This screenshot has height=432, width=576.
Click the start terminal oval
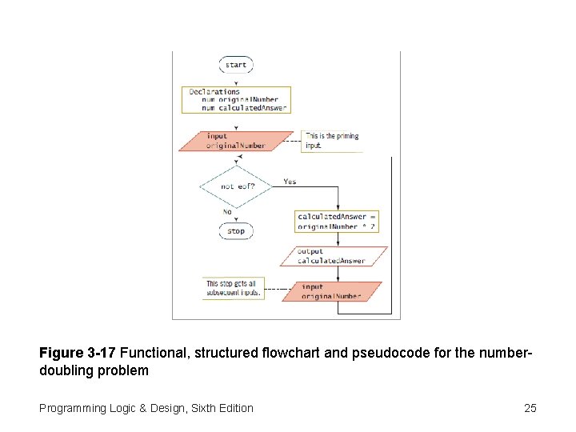pyautogui.click(x=236, y=65)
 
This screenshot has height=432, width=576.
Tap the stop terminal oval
pyautogui.click(x=236, y=231)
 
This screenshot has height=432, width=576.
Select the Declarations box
pyautogui.click(x=236, y=99)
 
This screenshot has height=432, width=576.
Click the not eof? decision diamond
pyautogui.click(x=236, y=186)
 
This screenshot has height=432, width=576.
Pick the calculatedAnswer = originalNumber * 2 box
pyautogui.click(x=337, y=222)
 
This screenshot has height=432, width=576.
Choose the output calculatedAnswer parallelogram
pyautogui.click(x=334, y=256)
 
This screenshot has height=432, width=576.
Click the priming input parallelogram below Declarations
pyautogui.click(x=236, y=141)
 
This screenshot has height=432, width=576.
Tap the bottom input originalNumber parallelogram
pyautogui.click(x=330, y=291)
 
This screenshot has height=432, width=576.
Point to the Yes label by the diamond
pyautogui.click(x=290, y=182)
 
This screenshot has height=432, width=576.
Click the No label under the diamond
pyautogui.click(x=227, y=212)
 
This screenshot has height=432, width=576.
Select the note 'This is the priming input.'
pyautogui.click(x=331, y=141)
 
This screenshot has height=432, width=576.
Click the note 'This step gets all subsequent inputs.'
pyautogui.click(x=233, y=288)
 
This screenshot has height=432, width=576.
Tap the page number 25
pyautogui.click(x=530, y=409)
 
